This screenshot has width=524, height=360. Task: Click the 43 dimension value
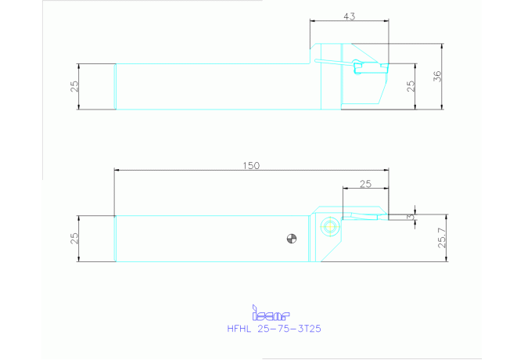(x=350, y=16)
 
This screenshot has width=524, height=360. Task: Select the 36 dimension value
(x=437, y=76)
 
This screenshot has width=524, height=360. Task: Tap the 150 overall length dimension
(x=251, y=165)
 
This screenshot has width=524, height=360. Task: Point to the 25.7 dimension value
(x=442, y=238)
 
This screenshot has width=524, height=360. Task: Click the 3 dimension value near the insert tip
(x=411, y=217)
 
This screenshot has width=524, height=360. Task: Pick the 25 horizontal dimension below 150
(x=365, y=184)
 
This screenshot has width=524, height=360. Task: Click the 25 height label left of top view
(x=75, y=86)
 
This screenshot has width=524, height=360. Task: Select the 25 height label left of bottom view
(x=74, y=238)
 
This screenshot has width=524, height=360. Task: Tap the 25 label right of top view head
(x=411, y=86)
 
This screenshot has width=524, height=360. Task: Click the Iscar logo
(x=271, y=313)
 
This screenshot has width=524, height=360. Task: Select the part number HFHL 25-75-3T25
(x=274, y=329)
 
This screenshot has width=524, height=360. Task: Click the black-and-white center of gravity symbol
(x=292, y=239)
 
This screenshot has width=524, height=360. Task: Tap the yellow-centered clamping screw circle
(x=329, y=226)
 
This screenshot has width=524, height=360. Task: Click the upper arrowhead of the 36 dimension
(x=442, y=46)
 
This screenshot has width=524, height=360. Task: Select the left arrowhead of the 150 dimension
(x=117, y=170)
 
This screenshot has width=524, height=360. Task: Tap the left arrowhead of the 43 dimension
(x=313, y=20)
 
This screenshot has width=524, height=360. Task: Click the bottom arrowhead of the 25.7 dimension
(x=447, y=258)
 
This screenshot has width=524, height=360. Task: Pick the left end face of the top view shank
(x=115, y=87)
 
